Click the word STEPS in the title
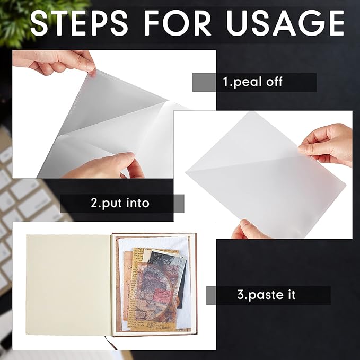point(79,23)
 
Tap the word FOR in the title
point(177,23)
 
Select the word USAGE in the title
point(285,23)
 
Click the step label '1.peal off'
point(252,82)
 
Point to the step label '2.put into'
point(120,203)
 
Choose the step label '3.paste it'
point(266,295)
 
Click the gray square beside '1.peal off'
point(204,82)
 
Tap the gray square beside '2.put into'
point(179,204)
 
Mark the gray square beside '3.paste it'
point(211,295)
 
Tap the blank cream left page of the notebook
point(68,285)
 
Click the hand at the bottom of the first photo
point(103,165)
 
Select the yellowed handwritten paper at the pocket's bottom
point(147,321)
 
